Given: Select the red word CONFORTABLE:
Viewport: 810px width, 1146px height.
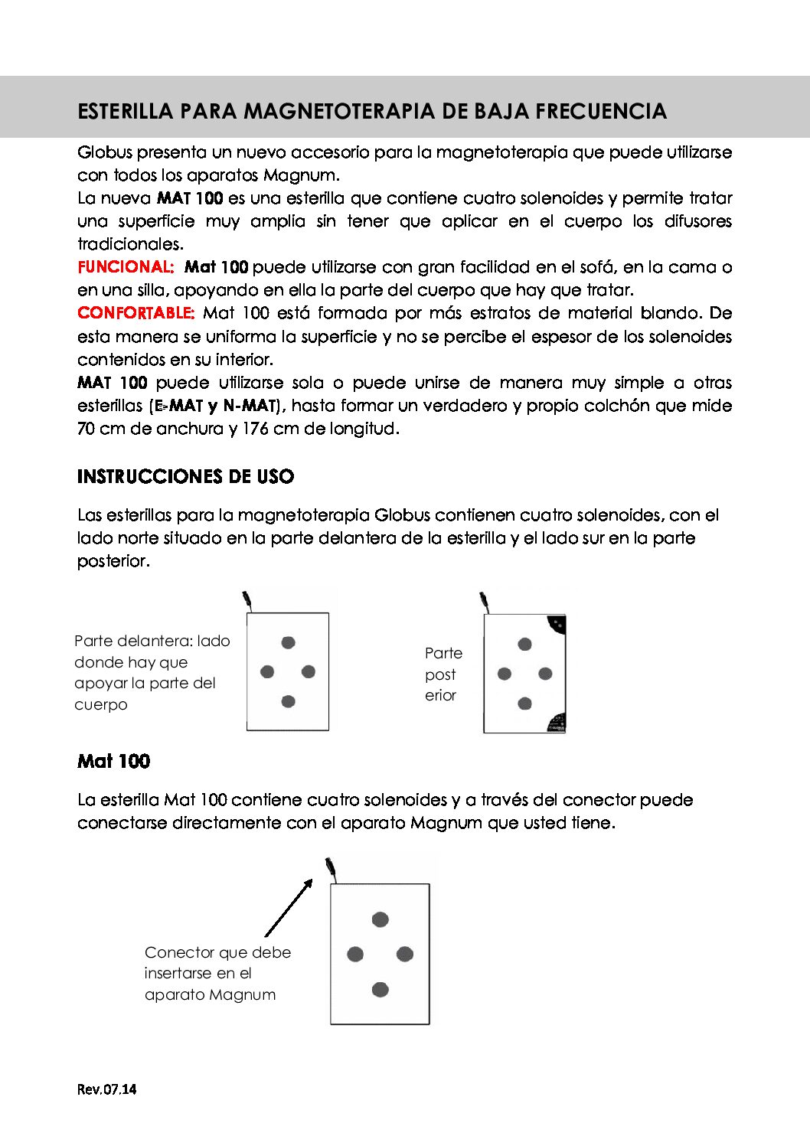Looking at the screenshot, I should [136, 313].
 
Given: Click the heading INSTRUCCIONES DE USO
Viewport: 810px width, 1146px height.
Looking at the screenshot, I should [185, 477].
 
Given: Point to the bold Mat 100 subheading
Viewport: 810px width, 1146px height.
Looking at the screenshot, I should [113, 762].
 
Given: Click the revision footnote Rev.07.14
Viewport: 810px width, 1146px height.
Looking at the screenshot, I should [106, 1089].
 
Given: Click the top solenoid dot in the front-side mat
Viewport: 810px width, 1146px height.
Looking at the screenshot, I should [288, 642].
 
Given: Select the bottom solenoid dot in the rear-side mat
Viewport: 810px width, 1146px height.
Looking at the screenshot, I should [524, 704].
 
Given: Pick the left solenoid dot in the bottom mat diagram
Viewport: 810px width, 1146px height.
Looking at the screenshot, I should [355, 954].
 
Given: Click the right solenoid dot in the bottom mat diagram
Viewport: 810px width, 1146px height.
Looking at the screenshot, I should [405, 954].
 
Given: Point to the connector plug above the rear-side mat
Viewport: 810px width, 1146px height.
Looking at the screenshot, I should [484, 600].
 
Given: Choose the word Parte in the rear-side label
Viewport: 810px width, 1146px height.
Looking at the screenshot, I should [443, 653].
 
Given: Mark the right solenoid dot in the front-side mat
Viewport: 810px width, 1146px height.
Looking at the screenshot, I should [308, 671].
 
